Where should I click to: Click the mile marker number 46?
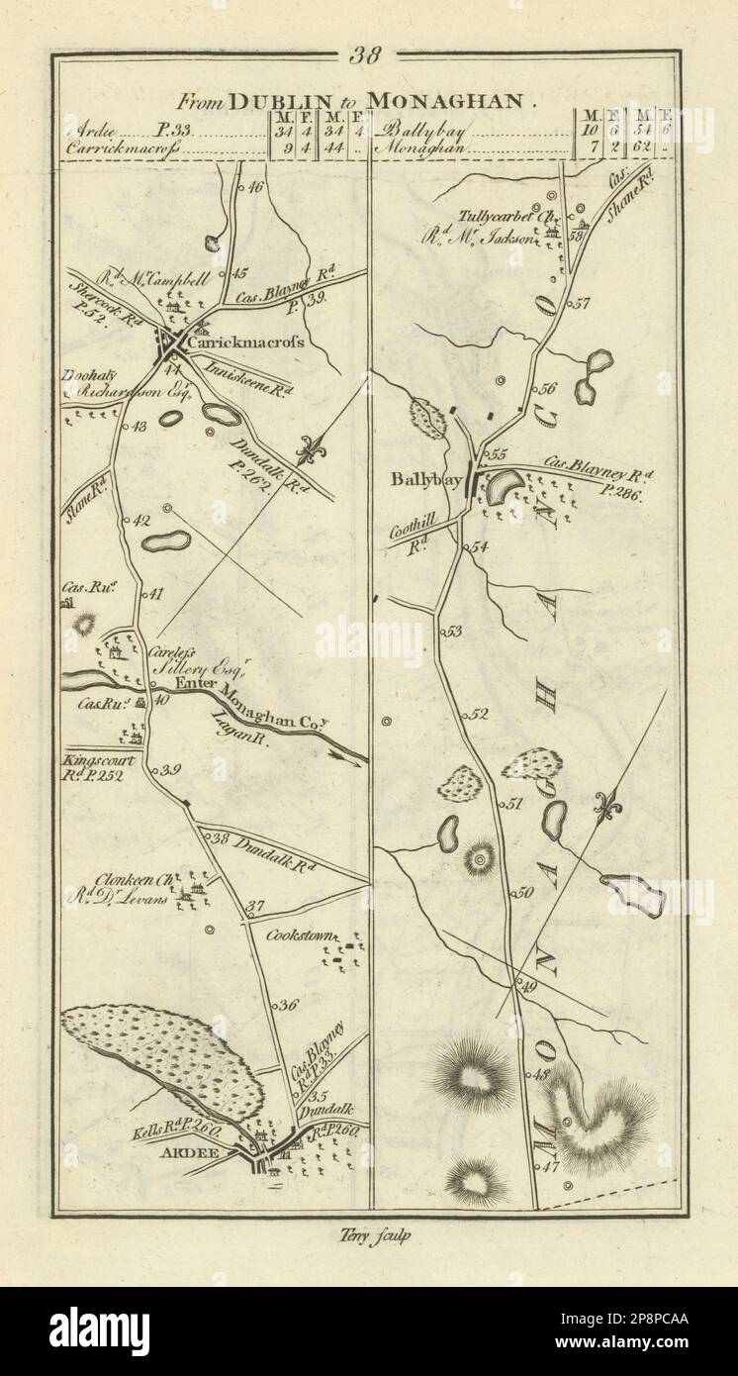253,186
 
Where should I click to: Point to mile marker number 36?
288,1005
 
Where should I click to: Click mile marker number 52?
480,714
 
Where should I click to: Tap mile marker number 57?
581,304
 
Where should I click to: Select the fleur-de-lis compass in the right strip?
607,808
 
